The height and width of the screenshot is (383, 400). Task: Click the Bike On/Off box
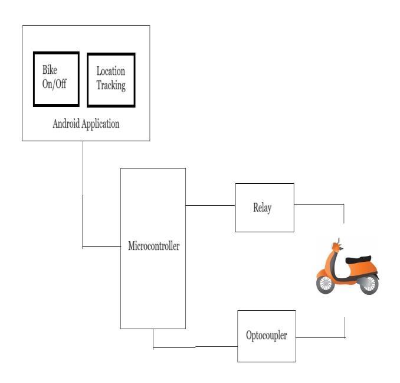pos(56,79)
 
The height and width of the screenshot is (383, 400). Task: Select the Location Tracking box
pos(111,80)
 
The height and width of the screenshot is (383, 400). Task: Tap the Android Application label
pos(86,124)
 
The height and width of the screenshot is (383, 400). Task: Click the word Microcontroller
pos(153,246)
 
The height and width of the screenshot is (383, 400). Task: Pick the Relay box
pos(265,207)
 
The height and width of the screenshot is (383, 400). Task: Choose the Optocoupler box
pos(266,336)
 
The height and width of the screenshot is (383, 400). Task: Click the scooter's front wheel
pos(325,284)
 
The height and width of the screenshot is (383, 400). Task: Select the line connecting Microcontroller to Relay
pos(211,205)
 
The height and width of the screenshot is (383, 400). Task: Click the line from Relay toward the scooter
pos(319,205)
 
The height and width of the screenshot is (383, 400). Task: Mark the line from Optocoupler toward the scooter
pos(320,337)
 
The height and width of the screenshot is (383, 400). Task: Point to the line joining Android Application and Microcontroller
pos(83,195)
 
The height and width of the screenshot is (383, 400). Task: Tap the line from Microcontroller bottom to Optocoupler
pos(195,347)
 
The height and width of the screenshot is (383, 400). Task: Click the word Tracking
pos(111,86)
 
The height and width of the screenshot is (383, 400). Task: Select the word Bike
pos(50,71)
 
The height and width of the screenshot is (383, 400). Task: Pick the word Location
pos(111,72)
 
